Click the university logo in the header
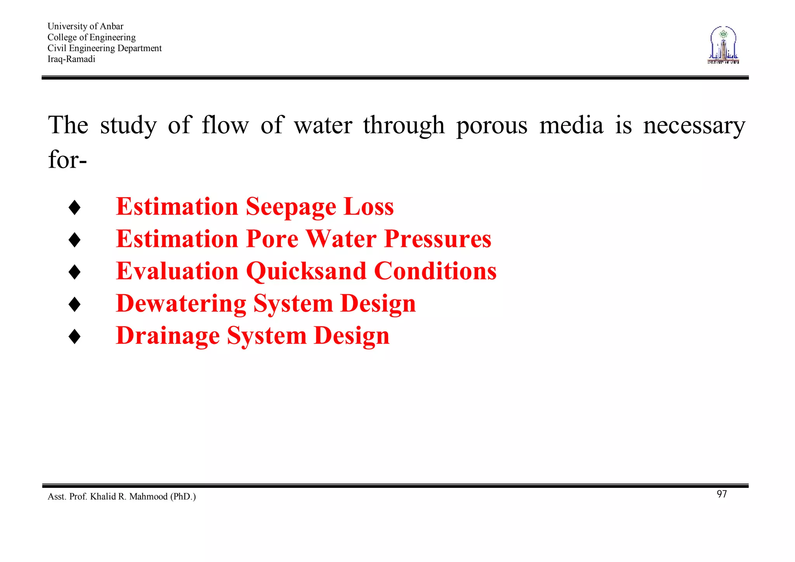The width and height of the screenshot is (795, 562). (x=723, y=45)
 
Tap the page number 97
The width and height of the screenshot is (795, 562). (x=722, y=494)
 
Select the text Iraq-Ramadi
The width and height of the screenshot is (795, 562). (x=71, y=59)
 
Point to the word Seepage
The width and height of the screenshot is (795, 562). (x=291, y=207)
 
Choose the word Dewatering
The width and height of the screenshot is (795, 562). (x=181, y=303)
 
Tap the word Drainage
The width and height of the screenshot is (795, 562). (x=168, y=336)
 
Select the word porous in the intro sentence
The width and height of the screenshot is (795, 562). (x=492, y=126)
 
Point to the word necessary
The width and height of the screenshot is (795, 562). (x=694, y=126)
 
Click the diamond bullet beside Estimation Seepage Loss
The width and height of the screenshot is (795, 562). (x=74, y=207)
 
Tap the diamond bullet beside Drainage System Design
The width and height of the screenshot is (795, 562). (x=74, y=336)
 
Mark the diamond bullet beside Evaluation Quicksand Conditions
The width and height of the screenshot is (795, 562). (x=74, y=272)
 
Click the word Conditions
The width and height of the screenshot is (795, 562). (x=435, y=271)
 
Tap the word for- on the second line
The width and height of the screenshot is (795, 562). (x=67, y=160)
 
